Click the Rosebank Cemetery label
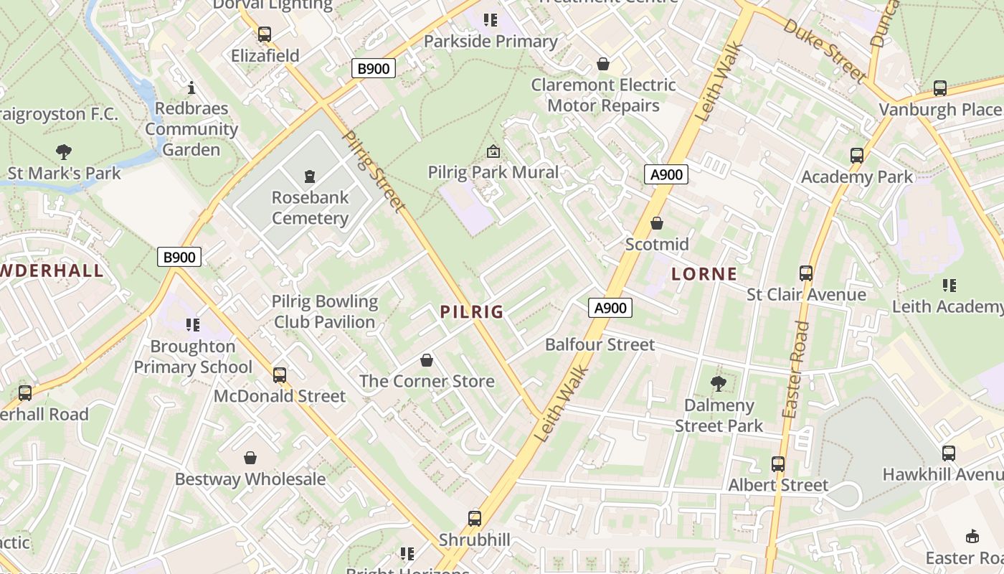point(310,207)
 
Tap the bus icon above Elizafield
point(265,34)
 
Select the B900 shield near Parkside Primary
point(374,69)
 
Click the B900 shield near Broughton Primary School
point(179,257)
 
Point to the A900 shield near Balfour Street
point(610,308)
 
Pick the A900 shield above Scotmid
point(666,174)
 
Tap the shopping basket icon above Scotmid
point(656,223)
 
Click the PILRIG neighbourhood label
point(472,312)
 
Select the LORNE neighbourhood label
point(704,273)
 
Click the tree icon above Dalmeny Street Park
point(718,383)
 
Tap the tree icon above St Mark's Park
point(64,151)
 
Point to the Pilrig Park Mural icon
point(493,151)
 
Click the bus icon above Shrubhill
point(474,518)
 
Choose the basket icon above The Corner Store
point(427,359)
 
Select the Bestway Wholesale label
point(250,479)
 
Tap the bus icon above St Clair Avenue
point(806,273)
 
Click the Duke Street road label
point(825,50)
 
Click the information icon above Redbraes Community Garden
point(191,88)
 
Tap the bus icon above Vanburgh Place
point(939,88)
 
